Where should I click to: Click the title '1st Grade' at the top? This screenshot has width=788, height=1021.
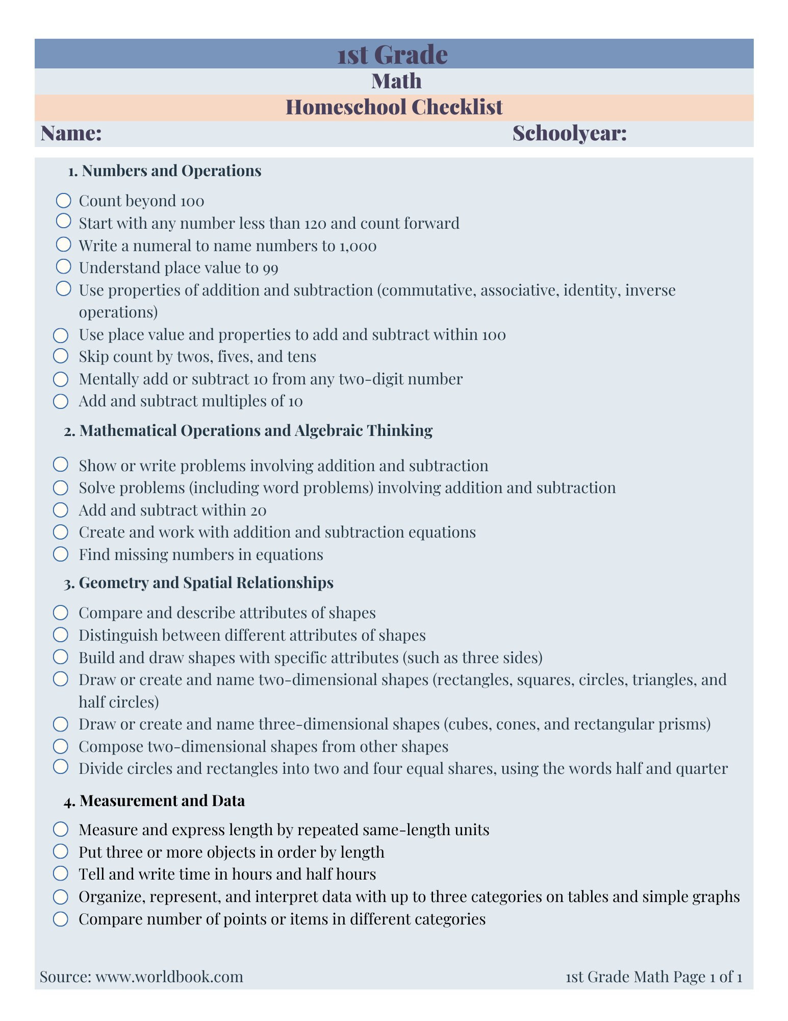[392, 54]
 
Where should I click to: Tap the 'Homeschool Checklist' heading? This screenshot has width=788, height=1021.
[394, 107]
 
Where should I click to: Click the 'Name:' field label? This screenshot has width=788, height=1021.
[71, 133]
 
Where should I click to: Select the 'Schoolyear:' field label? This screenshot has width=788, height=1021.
[569, 133]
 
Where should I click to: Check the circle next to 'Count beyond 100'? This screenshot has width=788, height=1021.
[63, 200]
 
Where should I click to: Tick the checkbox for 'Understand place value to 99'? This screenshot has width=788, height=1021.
[63, 266]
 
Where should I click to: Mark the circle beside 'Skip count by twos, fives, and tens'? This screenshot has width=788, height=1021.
[61, 355]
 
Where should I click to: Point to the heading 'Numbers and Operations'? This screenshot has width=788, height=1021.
[171, 171]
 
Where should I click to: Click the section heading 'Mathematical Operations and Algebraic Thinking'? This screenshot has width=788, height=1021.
[256, 430]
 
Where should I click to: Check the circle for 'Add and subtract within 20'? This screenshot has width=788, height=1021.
[61, 509]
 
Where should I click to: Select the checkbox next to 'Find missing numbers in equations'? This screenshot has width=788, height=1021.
[61, 554]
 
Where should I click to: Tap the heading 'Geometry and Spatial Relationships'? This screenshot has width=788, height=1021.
[206, 582]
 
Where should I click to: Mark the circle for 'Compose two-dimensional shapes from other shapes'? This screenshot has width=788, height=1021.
[61, 746]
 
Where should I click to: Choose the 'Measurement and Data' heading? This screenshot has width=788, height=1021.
[162, 800]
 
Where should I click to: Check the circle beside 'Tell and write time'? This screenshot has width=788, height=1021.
[61, 873]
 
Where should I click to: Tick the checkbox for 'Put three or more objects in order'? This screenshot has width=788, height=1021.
[61, 851]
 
